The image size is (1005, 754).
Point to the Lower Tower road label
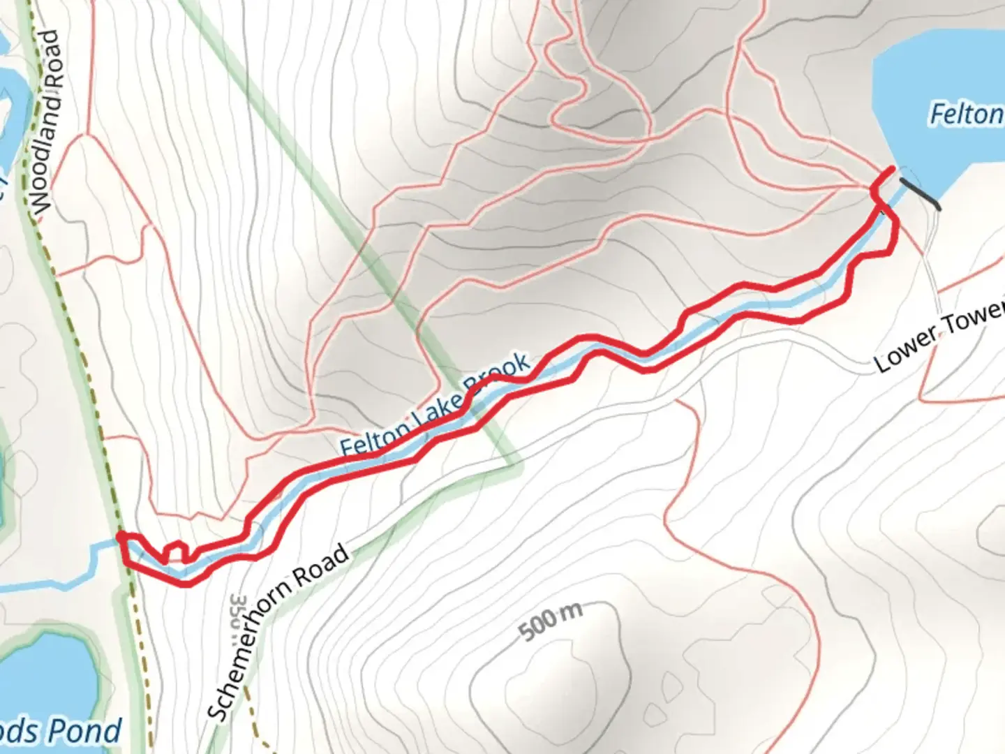click(x=939, y=334)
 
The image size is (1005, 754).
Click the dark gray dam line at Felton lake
click(x=920, y=193)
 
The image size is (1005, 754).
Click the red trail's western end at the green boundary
click(x=121, y=536)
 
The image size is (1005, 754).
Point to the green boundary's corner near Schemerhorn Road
click(x=518, y=461)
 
